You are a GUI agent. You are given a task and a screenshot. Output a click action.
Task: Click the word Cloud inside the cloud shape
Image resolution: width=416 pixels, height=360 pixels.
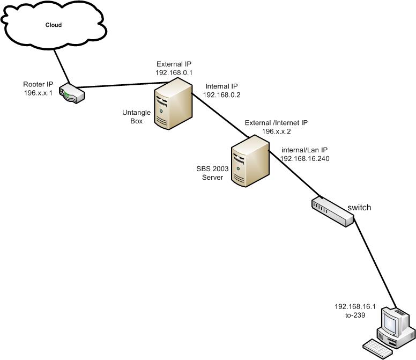point(53,25)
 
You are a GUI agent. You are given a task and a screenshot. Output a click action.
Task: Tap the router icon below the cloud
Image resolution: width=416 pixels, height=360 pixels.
point(72,93)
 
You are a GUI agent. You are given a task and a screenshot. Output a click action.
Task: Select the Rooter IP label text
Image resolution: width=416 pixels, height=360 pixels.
point(38,84)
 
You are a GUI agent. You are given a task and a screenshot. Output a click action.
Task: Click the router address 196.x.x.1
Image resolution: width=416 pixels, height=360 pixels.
point(38,92)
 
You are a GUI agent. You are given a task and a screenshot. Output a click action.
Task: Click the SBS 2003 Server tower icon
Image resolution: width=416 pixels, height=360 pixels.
point(249,159)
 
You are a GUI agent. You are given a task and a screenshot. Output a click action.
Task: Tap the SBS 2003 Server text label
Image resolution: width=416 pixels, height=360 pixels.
point(212,173)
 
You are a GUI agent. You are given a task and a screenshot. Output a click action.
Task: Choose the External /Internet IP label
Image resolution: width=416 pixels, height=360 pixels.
point(276,123)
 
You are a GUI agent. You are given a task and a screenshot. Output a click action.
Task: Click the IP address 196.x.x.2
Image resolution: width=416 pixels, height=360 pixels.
point(276,131)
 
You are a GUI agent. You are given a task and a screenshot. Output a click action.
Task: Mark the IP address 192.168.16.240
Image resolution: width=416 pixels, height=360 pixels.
point(305,159)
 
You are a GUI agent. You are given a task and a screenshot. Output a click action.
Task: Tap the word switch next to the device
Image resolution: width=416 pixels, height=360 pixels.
point(359,208)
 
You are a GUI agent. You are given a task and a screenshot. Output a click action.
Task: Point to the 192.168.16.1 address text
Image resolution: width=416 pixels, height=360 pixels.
point(355,307)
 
